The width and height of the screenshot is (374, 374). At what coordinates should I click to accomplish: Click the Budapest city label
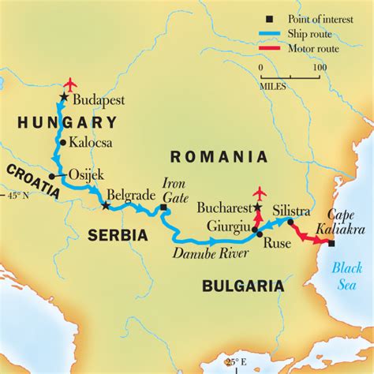99,100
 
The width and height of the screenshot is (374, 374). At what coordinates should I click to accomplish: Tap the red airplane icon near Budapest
70,84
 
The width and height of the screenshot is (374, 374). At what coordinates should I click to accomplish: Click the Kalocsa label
91,144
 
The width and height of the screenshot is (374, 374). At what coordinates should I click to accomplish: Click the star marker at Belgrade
106,206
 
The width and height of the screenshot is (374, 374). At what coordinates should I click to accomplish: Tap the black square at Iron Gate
163,208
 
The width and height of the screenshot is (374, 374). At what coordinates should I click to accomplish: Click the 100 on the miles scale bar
318,68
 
